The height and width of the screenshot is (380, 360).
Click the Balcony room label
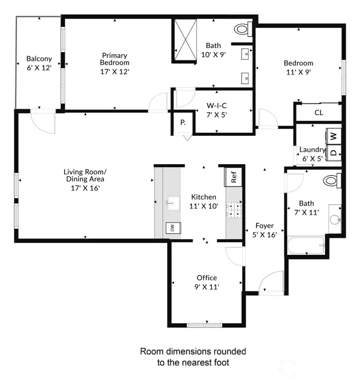pyautogui.click(x=39, y=63)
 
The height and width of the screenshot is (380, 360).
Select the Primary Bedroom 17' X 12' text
pyautogui.click(x=114, y=63)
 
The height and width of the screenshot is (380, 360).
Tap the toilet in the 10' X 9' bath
pyautogui.click(x=242, y=29)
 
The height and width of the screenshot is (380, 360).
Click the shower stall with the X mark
pyautogui.click(x=184, y=41)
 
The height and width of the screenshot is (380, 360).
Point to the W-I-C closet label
pyautogui.click(x=217, y=110)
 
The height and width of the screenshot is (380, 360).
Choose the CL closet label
pyautogui.click(x=318, y=113)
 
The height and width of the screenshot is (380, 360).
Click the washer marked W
pyautogui.click(x=333, y=135)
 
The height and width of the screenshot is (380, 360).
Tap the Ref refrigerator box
pyautogui.click(x=233, y=176)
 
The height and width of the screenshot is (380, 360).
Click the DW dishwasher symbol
pyautogui.click(x=172, y=228)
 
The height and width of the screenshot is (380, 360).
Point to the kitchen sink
pyautogui.click(x=172, y=202)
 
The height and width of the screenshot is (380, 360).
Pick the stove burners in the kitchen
pyautogui.click(x=233, y=211)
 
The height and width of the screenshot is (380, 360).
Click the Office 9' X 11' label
pyautogui.click(x=206, y=282)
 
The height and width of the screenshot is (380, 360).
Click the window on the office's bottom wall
pyautogui.click(x=204, y=325)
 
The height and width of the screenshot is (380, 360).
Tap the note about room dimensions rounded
pyautogui.click(x=192, y=356)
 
